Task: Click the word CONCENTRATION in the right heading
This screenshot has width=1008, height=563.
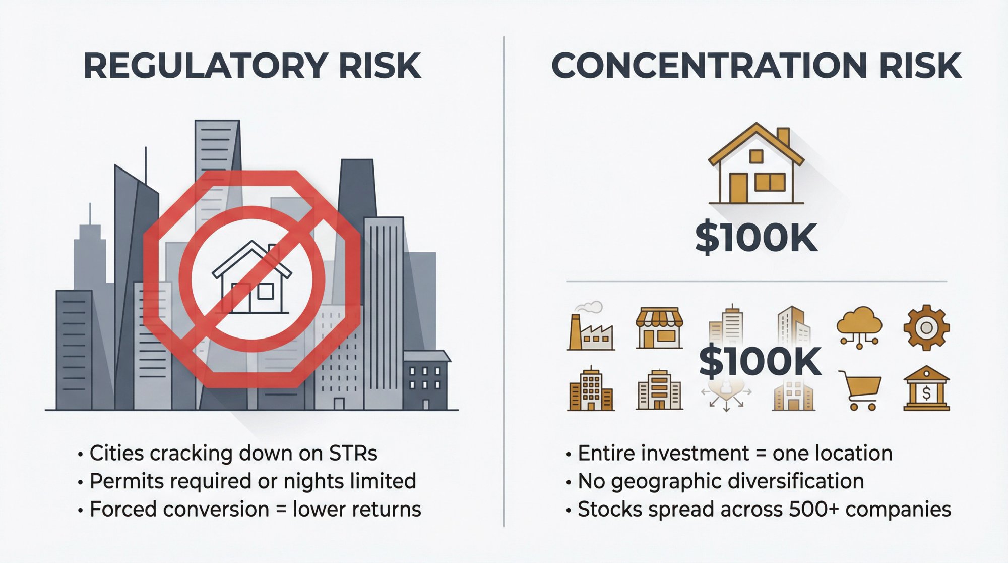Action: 709,66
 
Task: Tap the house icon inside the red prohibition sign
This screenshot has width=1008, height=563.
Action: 251,278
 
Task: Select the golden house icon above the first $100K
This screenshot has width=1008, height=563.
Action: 755,164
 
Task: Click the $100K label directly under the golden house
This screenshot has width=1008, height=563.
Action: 755,238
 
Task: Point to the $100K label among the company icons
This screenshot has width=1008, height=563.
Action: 760,362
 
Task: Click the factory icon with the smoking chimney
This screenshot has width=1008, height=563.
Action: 590,328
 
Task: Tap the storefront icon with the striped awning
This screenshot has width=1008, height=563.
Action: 659,328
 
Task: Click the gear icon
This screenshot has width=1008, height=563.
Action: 926,328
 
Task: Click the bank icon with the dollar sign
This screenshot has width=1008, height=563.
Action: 926,389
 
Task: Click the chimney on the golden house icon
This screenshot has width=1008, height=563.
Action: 783,137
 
